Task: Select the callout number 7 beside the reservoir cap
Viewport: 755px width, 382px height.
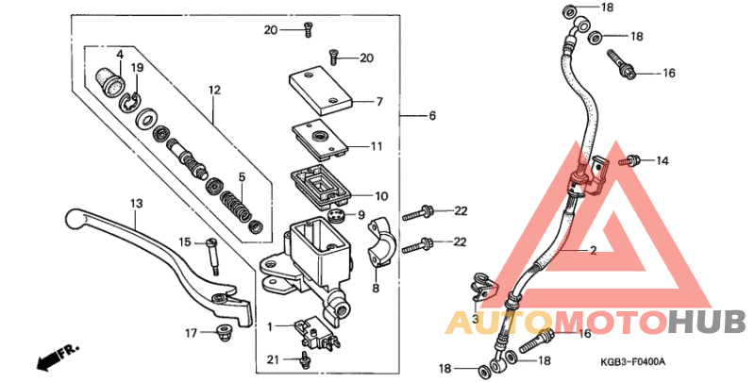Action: pyautogui.click(x=378, y=101)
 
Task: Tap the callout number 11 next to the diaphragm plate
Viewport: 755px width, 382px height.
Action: pyautogui.click(x=377, y=146)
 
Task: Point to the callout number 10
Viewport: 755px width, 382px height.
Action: pyautogui.click(x=380, y=196)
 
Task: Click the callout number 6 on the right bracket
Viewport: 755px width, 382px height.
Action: pyautogui.click(x=432, y=116)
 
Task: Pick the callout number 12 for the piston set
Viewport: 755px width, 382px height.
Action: pyautogui.click(x=214, y=90)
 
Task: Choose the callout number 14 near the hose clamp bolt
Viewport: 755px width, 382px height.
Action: pyautogui.click(x=662, y=161)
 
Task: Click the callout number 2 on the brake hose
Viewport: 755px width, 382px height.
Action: pyautogui.click(x=593, y=251)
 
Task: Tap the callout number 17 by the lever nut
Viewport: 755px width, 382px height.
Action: pyautogui.click(x=190, y=332)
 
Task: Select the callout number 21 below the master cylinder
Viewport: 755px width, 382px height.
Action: pyautogui.click(x=272, y=359)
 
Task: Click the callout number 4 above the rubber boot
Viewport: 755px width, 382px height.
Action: pyautogui.click(x=120, y=54)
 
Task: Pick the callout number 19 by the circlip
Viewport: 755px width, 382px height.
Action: pyautogui.click(x=137, y=68)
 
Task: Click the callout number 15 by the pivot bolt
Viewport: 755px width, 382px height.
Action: pyautogui.click(x=185, y=241)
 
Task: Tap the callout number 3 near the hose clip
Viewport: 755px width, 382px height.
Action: pyautogui.click(x=475, y=320)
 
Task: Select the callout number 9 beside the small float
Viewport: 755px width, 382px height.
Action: pyautogui.click(x=360, y=215)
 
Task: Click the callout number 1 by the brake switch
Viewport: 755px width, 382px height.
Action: pyautogui.click(x=269, y=325)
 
